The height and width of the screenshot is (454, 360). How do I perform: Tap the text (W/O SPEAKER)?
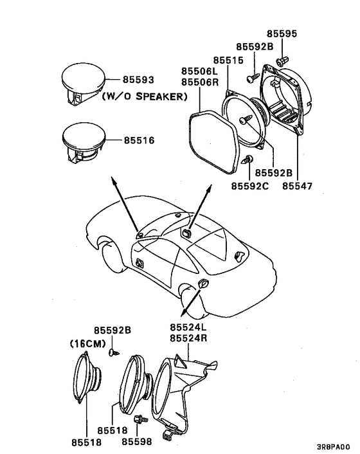tap(144, 97)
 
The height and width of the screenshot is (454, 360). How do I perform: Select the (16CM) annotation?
tap(87, 343)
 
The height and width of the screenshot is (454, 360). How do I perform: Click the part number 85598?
tap(137, 442)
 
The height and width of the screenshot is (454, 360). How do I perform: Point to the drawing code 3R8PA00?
tap(334, 446)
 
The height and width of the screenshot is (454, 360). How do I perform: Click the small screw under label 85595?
tap(282, 60)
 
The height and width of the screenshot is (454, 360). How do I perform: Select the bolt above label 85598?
tap(138, 419)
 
